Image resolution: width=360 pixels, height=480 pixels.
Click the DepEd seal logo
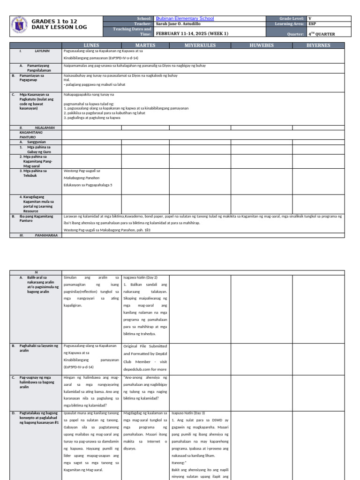pyautogui.click(x=19, y=26)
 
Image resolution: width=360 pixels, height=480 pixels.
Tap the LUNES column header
pyautogui.click(x=91, y=45)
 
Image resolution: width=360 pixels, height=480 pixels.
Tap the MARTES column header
pyautogui.click(x=145, y=45)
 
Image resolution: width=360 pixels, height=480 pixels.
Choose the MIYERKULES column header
pyautogui.click(x=200, y=45)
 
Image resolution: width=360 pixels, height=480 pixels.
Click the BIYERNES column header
pyautogui.click(x=318, y=45)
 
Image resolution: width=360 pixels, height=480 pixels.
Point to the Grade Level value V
pyautogui.click(x=310, y=18)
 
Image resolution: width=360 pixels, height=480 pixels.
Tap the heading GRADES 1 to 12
pyautogui.click(x=54, y=22)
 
